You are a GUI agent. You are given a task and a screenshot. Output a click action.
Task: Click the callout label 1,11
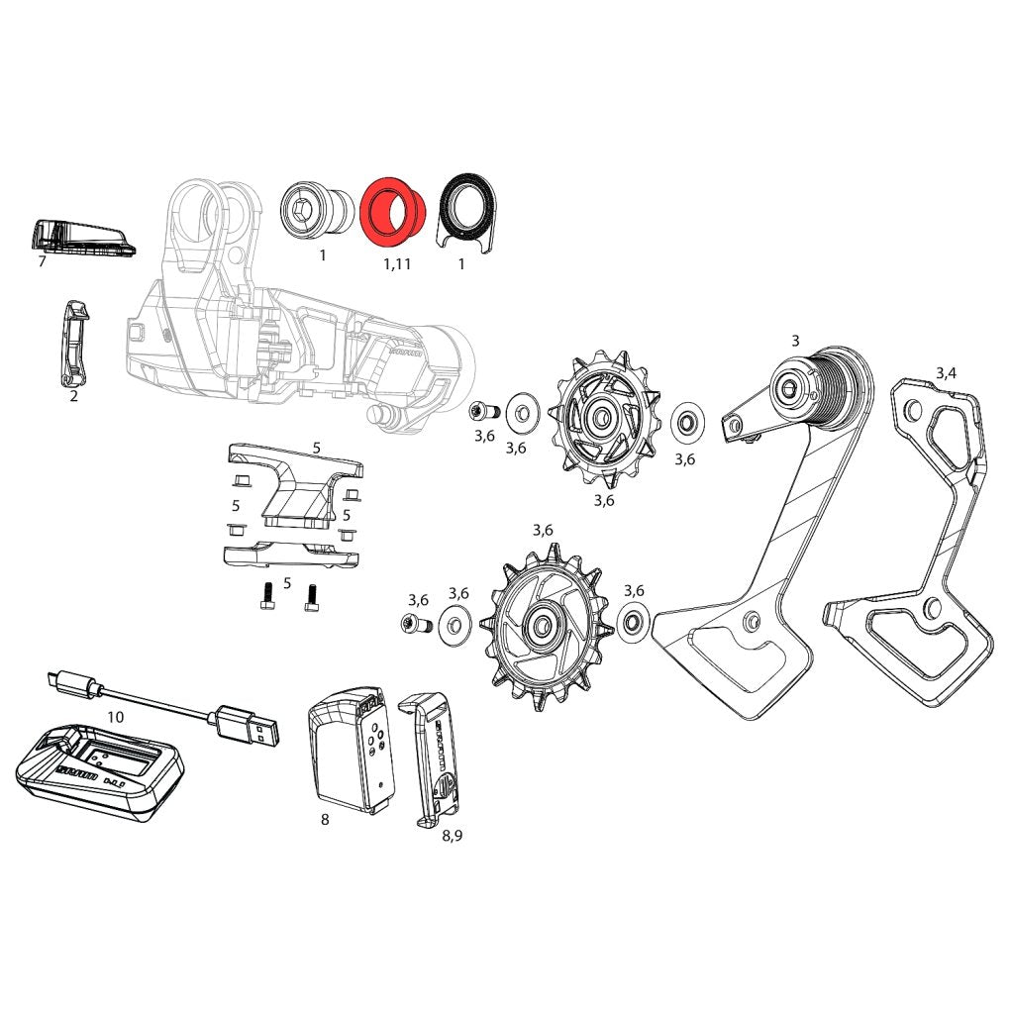click(396, 265)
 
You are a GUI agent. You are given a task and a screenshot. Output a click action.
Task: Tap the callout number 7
click(42, 262)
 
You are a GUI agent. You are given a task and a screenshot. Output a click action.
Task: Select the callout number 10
click(116, 716)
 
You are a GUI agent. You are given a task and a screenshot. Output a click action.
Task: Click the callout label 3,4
click(946, 372)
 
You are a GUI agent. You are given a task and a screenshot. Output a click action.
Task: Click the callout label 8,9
click(452, 835)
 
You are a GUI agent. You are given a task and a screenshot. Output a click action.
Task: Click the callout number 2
click(73, 397)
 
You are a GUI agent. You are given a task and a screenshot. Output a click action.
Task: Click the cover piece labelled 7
click(79, 238)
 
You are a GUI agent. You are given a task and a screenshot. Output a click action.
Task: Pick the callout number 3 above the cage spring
click(794, 341)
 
